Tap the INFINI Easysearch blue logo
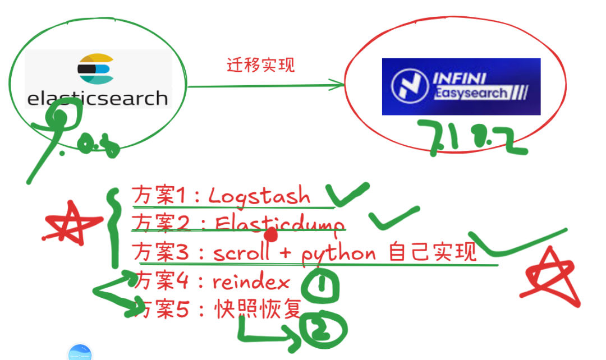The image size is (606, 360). [x=461, y=86]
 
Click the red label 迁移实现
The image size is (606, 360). [x=261, y=65]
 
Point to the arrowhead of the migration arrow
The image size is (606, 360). [x=339, y=86]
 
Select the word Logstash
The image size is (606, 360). [x=259, y=196]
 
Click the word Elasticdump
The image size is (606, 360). [x=279, y=224]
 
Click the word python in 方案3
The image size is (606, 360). [x=339, y=254]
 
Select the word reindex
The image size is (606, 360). [x=251, y=282]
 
